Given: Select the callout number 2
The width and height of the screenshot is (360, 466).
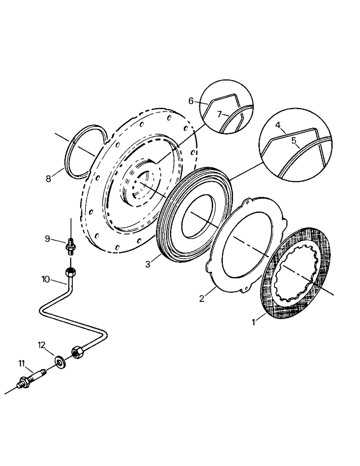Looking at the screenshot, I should (202, 299).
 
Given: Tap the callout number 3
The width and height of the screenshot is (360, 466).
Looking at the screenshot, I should (147, 264).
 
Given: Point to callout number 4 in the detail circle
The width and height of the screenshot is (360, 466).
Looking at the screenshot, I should (277, 125).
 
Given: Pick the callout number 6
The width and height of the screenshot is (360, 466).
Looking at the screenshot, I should (191, 101).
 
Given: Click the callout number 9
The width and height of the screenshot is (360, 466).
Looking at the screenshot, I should (48, 239).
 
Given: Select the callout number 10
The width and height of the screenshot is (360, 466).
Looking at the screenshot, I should (46, 279).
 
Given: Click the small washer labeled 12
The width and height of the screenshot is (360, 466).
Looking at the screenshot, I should (60, 362).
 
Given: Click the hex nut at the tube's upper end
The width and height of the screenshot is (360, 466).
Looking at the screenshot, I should (70, 272).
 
